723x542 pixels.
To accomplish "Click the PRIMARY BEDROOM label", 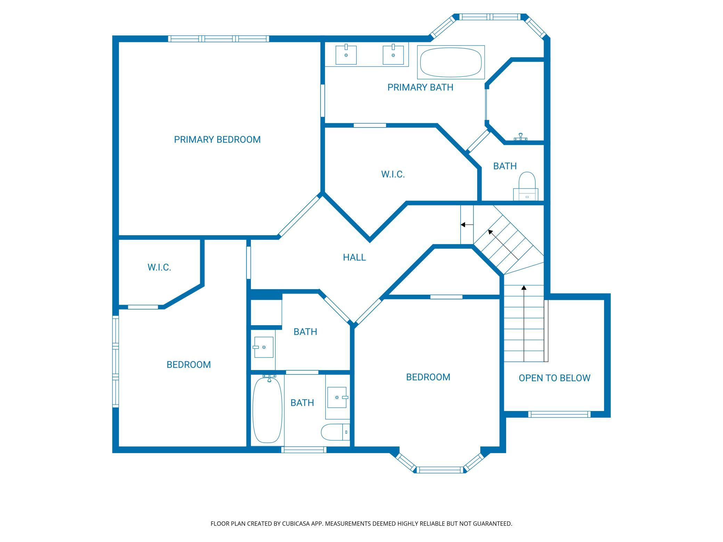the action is tap(217, 140).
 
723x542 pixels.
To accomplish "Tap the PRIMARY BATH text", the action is tap(420, 87).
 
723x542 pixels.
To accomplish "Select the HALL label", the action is tap(354, 257).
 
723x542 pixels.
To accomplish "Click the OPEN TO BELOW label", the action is tap(554, 378).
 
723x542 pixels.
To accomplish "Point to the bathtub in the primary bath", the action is tap(451, 62).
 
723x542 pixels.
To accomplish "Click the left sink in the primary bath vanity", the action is tap(346, 55).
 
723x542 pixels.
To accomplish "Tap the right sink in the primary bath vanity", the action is tap(393, 55).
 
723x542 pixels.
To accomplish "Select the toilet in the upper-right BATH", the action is tap(526, 186).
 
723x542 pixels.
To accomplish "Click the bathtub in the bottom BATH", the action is tap(267, 410).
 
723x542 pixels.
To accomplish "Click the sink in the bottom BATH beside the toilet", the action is tap(337, 397).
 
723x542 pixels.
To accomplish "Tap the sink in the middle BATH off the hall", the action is tap(263, 347).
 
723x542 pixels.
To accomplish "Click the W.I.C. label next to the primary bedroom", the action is tap(393, 174).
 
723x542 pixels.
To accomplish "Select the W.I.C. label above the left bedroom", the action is tap(159, 268).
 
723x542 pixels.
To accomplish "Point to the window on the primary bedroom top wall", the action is tap(219, 39).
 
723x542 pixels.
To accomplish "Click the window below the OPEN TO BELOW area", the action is tap(559, 414).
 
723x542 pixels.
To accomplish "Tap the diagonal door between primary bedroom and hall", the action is tap(299, 215).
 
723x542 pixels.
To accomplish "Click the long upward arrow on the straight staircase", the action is tap(524, 323).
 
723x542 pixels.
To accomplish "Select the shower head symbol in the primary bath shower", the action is tap(521, 137).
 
